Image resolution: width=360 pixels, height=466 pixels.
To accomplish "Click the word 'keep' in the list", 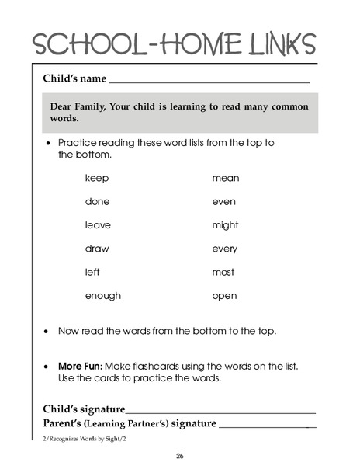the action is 97,178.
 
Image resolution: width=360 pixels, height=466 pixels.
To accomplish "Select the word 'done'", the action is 97,201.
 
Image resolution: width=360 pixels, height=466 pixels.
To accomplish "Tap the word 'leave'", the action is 98,225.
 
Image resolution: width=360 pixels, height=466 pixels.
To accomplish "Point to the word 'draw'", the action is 97,249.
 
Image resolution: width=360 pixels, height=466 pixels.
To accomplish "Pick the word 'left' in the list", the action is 93,272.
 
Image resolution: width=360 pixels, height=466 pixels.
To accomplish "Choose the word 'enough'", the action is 103,296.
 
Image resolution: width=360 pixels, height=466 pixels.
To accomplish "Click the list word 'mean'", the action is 226,178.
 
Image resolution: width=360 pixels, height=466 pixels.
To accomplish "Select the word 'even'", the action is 223,201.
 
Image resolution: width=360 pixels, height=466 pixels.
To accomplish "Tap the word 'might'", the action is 226,225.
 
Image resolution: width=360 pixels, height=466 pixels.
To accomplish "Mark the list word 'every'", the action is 225,249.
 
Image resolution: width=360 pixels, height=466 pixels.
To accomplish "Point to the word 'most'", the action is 223,273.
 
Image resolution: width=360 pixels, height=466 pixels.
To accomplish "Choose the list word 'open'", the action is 224,297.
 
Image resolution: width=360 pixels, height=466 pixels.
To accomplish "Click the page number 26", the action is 180,456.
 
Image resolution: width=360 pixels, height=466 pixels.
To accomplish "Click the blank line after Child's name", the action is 209,81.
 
